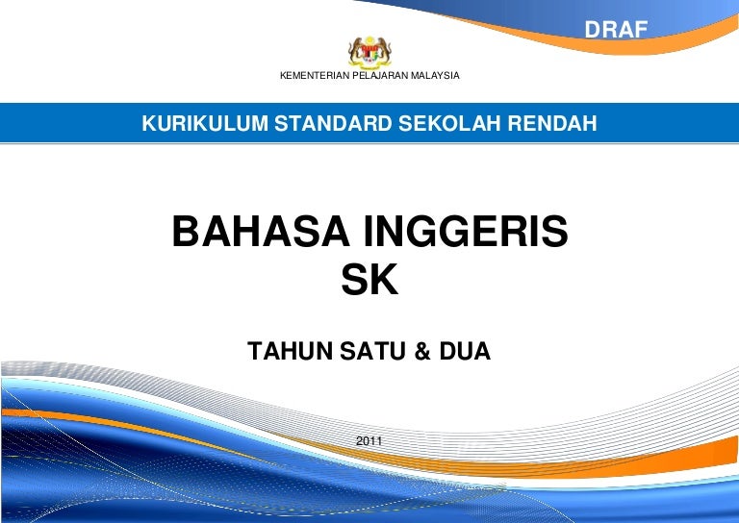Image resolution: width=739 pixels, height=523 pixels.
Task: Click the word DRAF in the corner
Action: [616, 30]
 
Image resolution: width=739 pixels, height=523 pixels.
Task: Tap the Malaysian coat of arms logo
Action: [369, 52]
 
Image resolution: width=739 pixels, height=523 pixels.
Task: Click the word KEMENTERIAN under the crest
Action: [315, 75]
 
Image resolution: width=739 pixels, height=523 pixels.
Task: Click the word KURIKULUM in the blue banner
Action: [205, 123]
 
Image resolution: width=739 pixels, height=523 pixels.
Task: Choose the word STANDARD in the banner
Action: [333, 123]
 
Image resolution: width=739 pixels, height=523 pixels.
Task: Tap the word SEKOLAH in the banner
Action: [450, 123]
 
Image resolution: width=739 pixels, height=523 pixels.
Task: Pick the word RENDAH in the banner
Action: [552, 123]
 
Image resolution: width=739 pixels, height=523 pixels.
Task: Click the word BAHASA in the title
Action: [261, 231]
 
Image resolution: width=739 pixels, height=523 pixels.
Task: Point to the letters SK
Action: [369, 279]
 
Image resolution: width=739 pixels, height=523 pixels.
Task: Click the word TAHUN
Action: [290, 351]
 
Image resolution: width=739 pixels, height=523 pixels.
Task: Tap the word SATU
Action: [372, 351]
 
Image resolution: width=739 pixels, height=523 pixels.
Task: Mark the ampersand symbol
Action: [422, 351]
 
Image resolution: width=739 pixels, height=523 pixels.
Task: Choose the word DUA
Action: [465, 351]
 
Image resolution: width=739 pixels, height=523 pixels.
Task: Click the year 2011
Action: [369, 441]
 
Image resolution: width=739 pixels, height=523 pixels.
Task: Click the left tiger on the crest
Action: [356, 50]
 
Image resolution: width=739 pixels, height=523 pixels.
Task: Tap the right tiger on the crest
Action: [384, 50]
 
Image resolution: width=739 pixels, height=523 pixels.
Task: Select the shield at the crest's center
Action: [369, 54]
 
